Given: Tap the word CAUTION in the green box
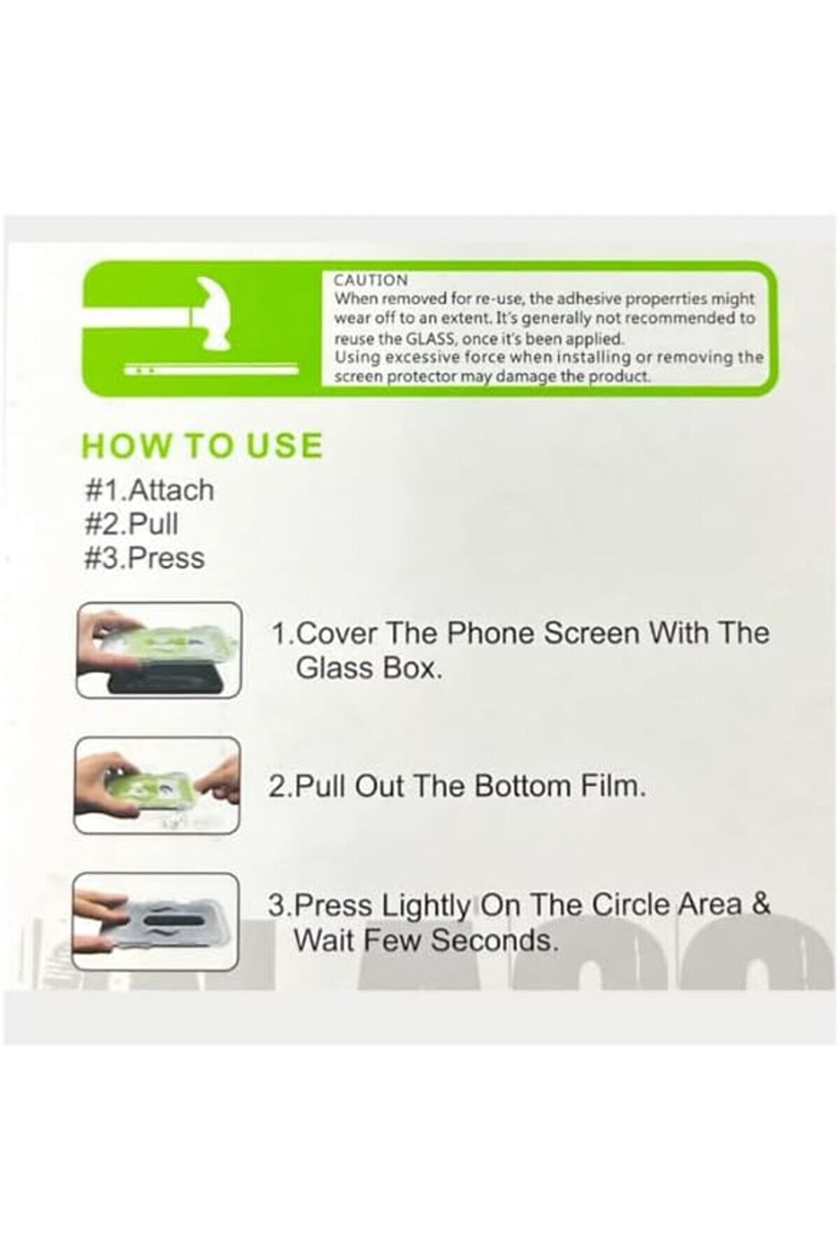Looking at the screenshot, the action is pos(371,281).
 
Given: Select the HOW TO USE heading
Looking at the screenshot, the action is pos(202,446).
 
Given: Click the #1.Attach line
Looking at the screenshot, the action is pos(149,490).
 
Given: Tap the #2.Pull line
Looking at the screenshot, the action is pos(131,524).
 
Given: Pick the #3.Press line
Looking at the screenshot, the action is pos(145,558).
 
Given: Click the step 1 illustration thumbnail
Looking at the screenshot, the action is pos(159,651).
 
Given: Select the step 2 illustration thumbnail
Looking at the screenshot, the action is pos(157,786).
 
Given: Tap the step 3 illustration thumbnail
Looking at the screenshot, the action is pos(156,922).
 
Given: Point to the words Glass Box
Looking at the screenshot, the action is pos(369,668).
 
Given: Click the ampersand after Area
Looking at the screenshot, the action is pos(761,904).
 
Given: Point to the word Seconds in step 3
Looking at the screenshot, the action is pos(494,940).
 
